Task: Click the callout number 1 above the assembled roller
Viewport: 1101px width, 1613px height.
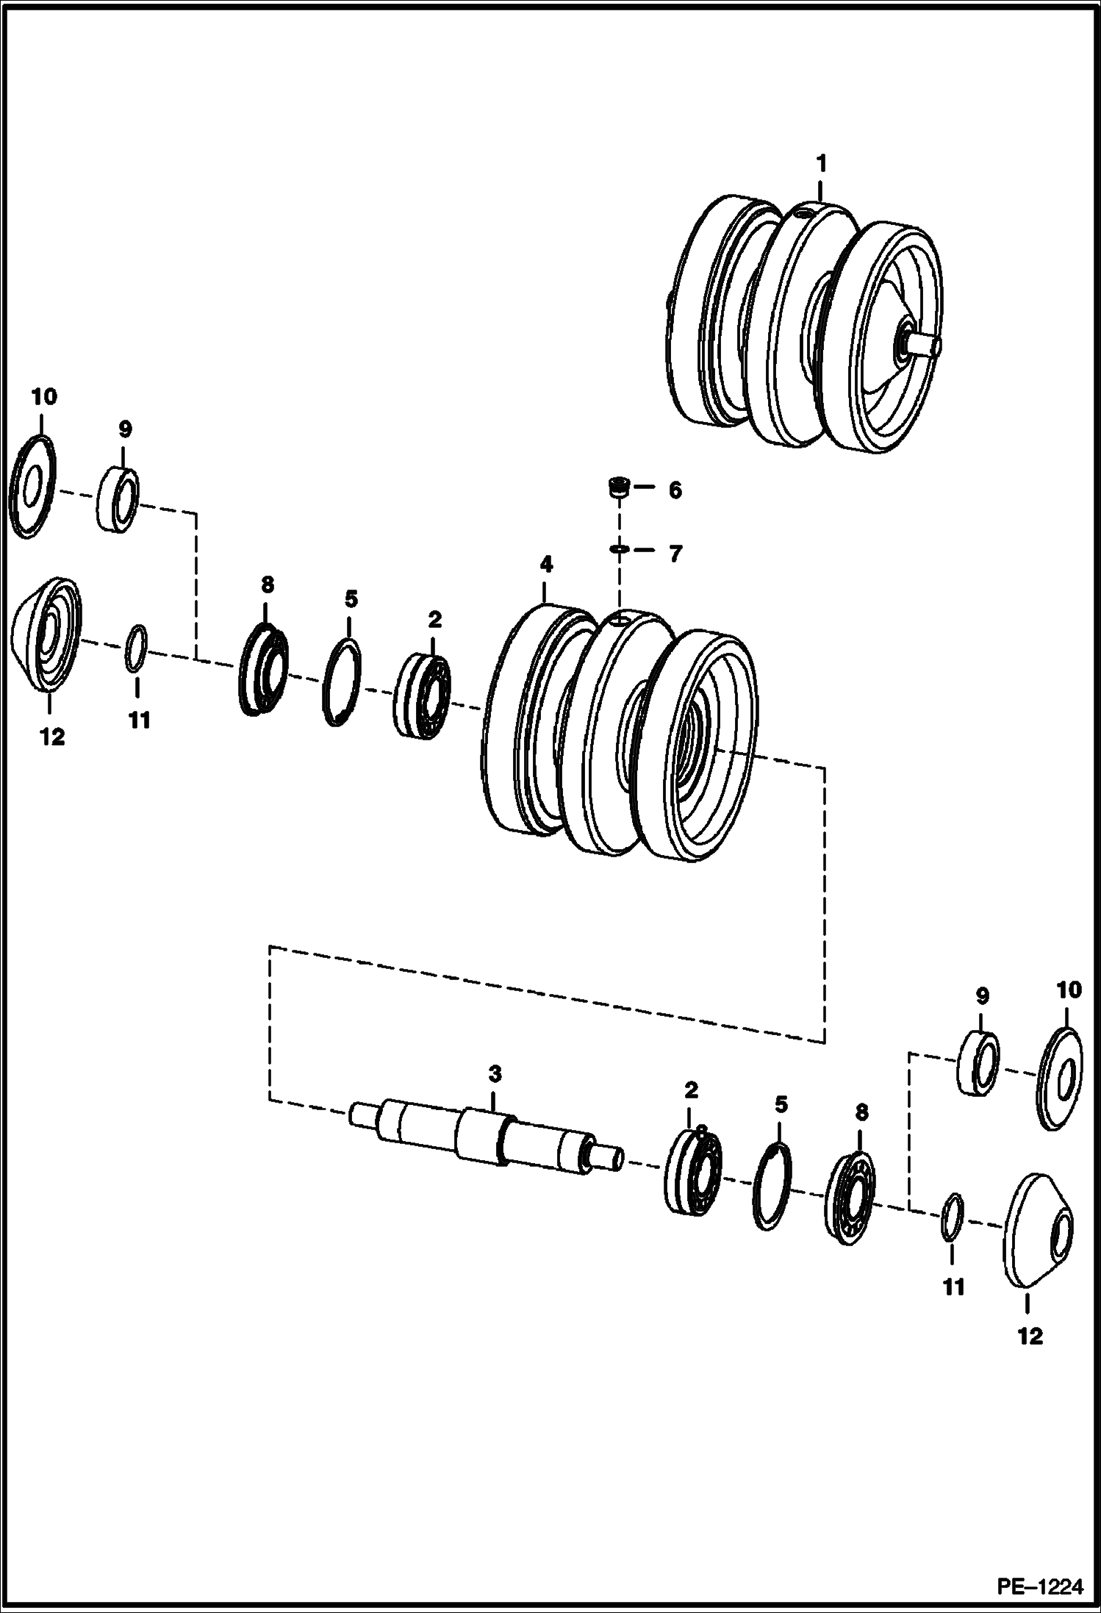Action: pyautogui.click(x=822, y=162)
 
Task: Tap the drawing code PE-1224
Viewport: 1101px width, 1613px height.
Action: pyautogui.click(x=1039, y=1587)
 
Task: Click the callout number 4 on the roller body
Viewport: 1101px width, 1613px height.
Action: pyautogui.click(x=545, y=565)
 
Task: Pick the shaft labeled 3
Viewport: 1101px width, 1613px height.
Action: pyautogui.click(x=485, y=1137)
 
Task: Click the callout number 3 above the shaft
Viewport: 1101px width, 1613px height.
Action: pyautogui.click(x=495, y=1073)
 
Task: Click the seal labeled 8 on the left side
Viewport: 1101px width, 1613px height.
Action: pyautogui.click(x=263, y=668)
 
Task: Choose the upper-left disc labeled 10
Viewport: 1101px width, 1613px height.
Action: pyautogui.click(x=34, y=486)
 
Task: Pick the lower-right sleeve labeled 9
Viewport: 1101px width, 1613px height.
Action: pyautogui.click(x=978, y=1062)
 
